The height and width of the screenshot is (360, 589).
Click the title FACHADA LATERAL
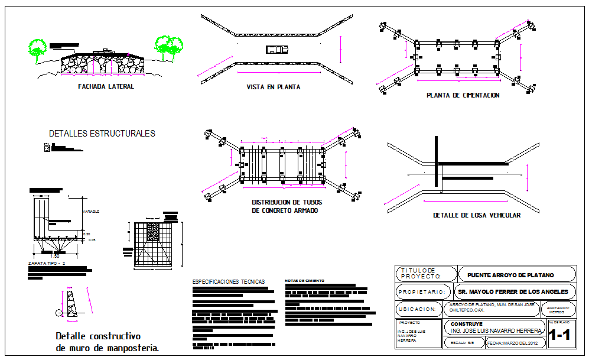coord(106,86)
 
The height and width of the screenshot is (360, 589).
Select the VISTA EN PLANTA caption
coord(273,87)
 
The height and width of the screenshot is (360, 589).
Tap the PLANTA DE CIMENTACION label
coord(463,95)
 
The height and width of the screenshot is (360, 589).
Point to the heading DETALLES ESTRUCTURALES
coord(102,134)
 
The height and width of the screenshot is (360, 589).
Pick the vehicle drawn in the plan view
coord(276,50)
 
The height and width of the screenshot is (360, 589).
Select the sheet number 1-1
coord(559,337)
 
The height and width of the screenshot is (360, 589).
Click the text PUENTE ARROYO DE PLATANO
coord(510,275)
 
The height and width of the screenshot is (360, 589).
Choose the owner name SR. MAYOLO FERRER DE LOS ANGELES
coord(513,291)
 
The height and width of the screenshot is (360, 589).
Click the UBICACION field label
coord(417,309)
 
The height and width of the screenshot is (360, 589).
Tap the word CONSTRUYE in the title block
coord(466,324)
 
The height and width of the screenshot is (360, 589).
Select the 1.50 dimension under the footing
coord(54,256)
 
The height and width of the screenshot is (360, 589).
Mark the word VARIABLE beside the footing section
coord(91,212)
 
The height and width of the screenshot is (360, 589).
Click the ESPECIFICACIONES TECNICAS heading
coord(229,282)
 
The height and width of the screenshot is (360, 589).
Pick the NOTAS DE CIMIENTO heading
coord(304,281)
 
